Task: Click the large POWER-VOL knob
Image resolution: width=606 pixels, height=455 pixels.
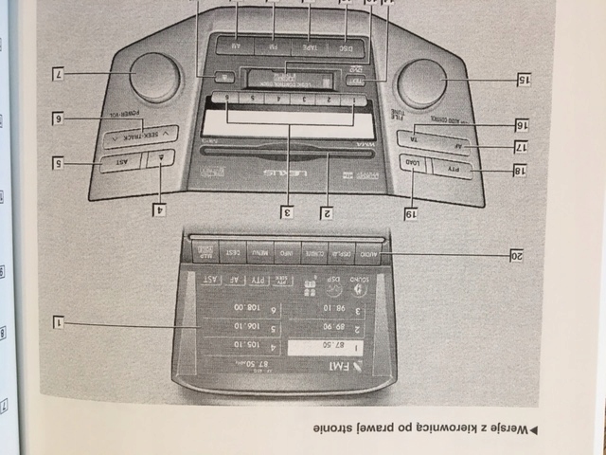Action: point(154,76)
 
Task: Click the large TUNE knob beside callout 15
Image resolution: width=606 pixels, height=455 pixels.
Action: point(422,83)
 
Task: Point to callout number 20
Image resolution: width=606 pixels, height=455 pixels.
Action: point(517,256)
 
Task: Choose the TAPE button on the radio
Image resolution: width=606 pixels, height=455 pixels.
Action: point(311,45)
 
